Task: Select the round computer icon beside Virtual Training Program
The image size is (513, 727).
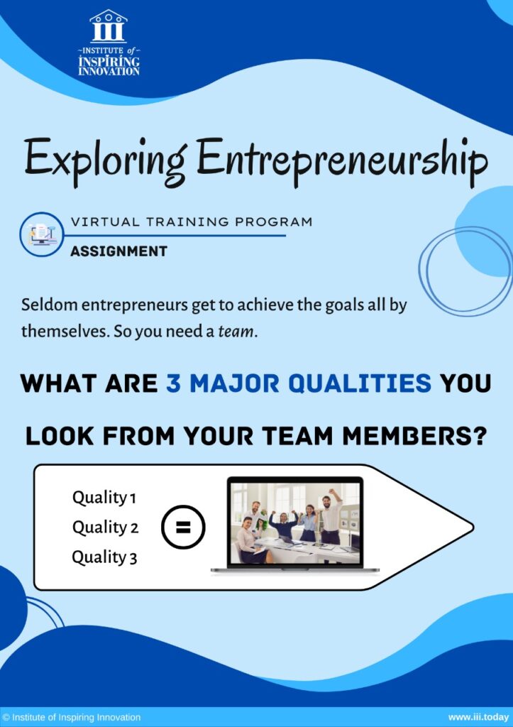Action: coord(42,234)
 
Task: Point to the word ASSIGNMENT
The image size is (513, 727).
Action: coord(118,251)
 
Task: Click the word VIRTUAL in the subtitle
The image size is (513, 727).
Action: coord(105,222)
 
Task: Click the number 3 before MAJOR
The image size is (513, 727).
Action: coord(173,383)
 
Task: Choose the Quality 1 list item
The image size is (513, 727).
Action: coord(104,498)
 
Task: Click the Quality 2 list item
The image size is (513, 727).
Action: coord(105,528)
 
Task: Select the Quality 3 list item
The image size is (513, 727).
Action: coord(105,557)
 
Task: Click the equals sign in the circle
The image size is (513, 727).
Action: coord(182,528)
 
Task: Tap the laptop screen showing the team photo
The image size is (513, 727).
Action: coord(295,523)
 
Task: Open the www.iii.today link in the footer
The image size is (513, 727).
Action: coord(478,717)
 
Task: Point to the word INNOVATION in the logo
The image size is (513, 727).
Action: coord(109,72)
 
